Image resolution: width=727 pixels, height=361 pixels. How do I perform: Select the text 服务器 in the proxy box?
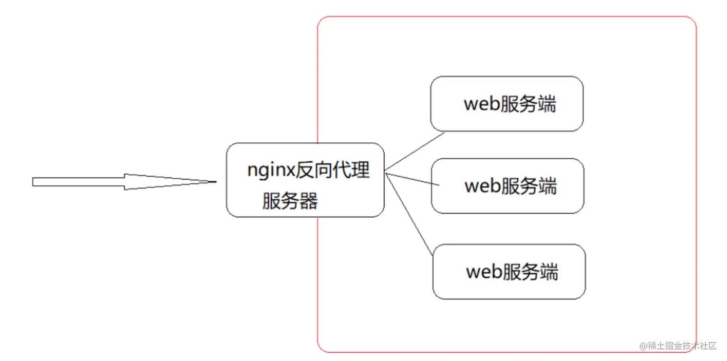pyautogui.click(x=289, y=201)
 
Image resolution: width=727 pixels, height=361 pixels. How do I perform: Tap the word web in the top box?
pyautogui.click(x=481, y=104)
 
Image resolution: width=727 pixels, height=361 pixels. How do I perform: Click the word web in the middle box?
pyautogui.click(x=482, y=186)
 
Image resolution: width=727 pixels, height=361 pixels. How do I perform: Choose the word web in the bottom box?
pyautogui.click(x=484, y=272)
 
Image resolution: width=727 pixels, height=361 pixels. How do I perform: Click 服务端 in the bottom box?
pyautogui.click(x=531, y=272)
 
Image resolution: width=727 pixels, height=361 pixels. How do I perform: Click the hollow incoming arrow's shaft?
pyautogui.click(x=77, y=182)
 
